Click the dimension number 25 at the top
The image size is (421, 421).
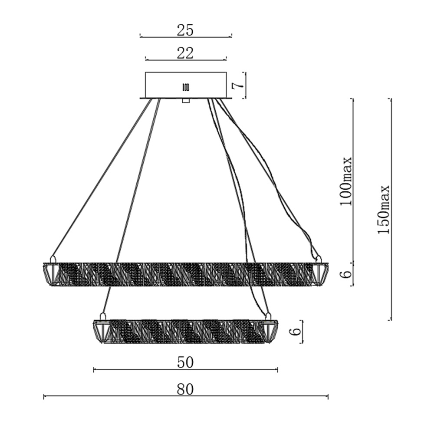[x=185, y=30]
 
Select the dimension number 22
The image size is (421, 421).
[x=185, y=53]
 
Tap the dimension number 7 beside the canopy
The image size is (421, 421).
[x=237, y=86]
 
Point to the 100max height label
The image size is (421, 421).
[x=345, y=181]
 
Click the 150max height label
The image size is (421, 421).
[x=383, y=209]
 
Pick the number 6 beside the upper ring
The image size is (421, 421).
[x=346, y=273]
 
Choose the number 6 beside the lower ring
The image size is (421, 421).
[x=295, y=331]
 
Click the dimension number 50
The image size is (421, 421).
[x=185, y=362]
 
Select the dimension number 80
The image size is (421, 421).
[x=185, y=389]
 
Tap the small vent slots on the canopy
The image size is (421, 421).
[x=186, y=87]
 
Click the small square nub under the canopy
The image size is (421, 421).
[x=186, y=101]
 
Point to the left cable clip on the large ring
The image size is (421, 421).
[x=53, y=260]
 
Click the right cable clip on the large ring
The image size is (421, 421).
[x=319, y=260]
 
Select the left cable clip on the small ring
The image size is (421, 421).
[x=102, y=317]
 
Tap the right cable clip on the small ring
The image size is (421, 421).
[x=268, y=317]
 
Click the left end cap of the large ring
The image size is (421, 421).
[x=50, y=274]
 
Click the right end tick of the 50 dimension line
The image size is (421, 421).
[x=277, y=370]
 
